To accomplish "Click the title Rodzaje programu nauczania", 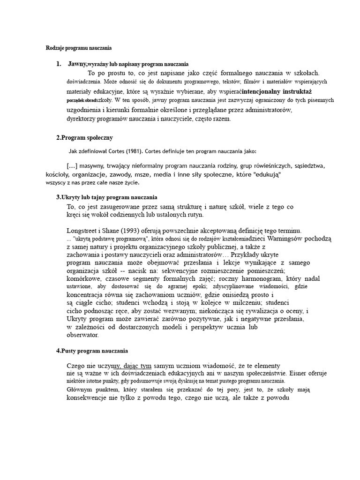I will [78, 48].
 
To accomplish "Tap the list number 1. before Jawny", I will [59, 63].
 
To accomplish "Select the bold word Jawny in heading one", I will [77, 63].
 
